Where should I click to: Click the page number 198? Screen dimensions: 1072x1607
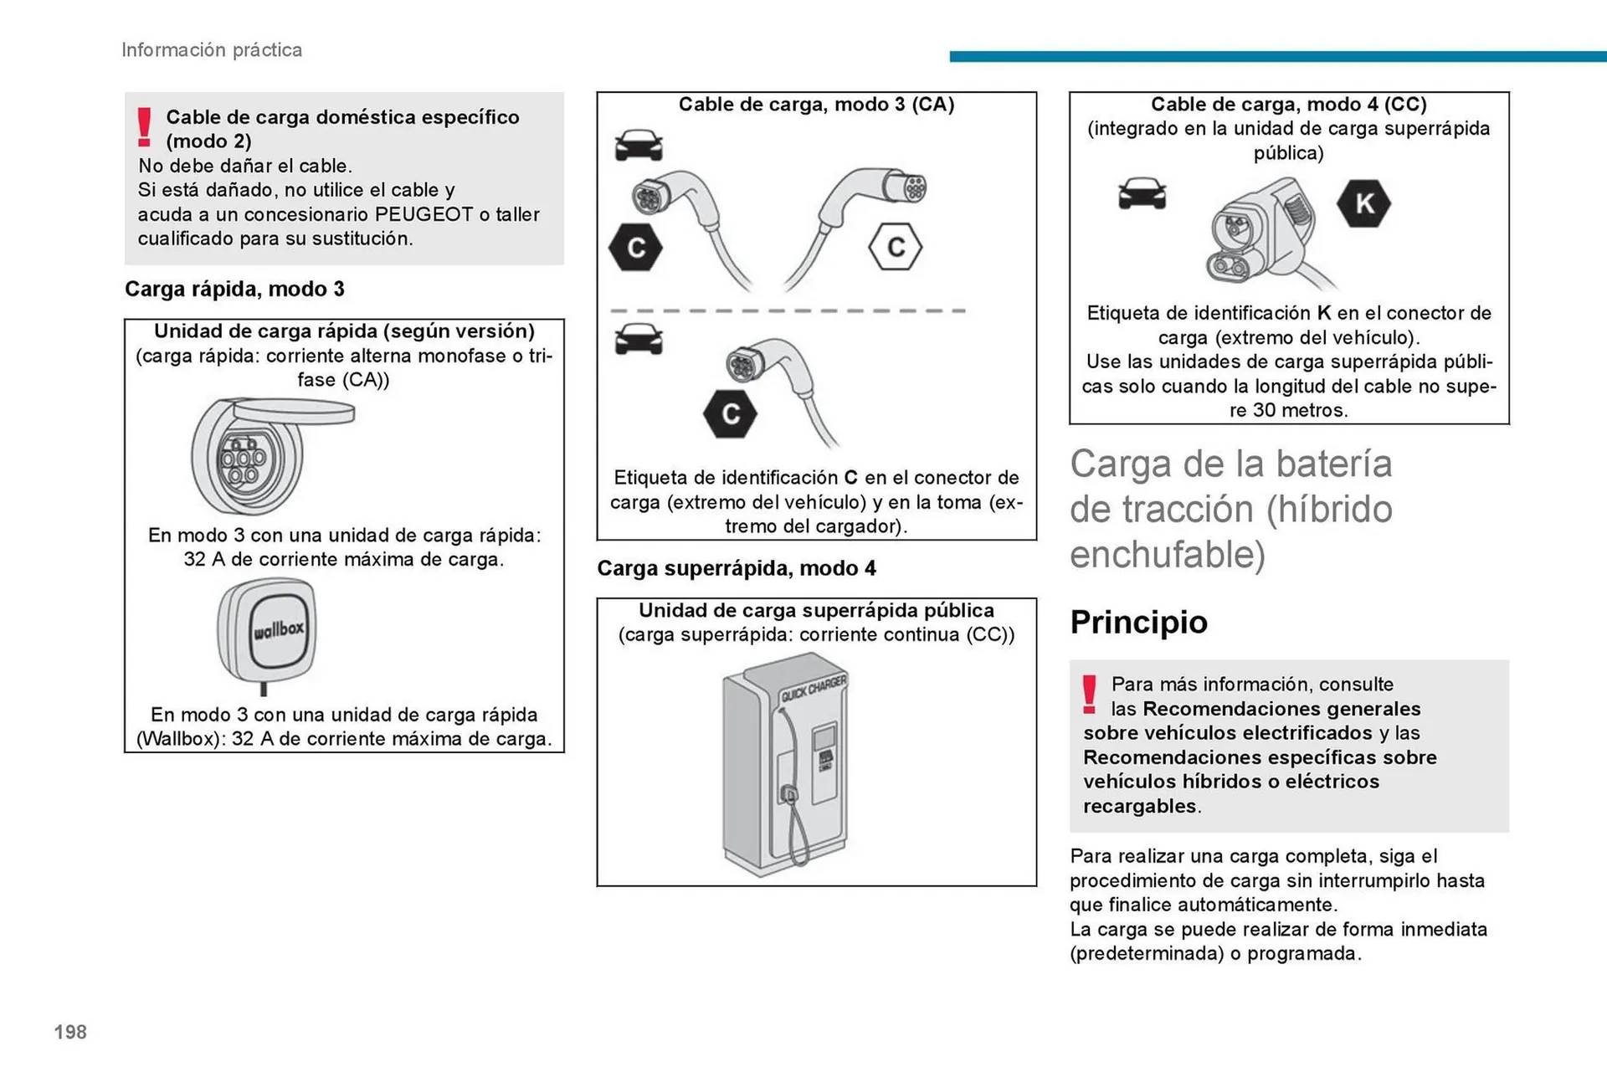click(70, 1032)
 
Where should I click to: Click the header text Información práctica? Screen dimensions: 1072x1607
click(212, 50)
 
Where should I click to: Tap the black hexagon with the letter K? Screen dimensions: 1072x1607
click(1363, 203)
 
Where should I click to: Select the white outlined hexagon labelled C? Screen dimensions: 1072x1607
click(895, 247)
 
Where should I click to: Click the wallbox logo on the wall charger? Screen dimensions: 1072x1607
click(279, 628)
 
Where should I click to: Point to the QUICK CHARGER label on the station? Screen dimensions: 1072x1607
click(814, 689)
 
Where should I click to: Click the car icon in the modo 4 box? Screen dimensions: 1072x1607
click(1142, 193)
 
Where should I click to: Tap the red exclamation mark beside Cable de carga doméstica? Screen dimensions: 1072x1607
click(145, 127)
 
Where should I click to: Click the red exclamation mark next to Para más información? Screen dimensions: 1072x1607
click(1089, 695)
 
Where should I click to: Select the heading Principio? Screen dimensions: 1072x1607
click(1138, 622)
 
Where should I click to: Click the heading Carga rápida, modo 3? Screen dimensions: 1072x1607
click(234, 290)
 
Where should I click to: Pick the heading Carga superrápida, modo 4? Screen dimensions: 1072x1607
click(736, 569)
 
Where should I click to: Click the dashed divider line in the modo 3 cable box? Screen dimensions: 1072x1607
click(787, 310)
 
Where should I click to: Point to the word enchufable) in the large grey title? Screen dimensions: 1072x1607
click(1167, 555)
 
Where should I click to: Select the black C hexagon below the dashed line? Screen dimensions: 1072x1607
click(730, 413)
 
